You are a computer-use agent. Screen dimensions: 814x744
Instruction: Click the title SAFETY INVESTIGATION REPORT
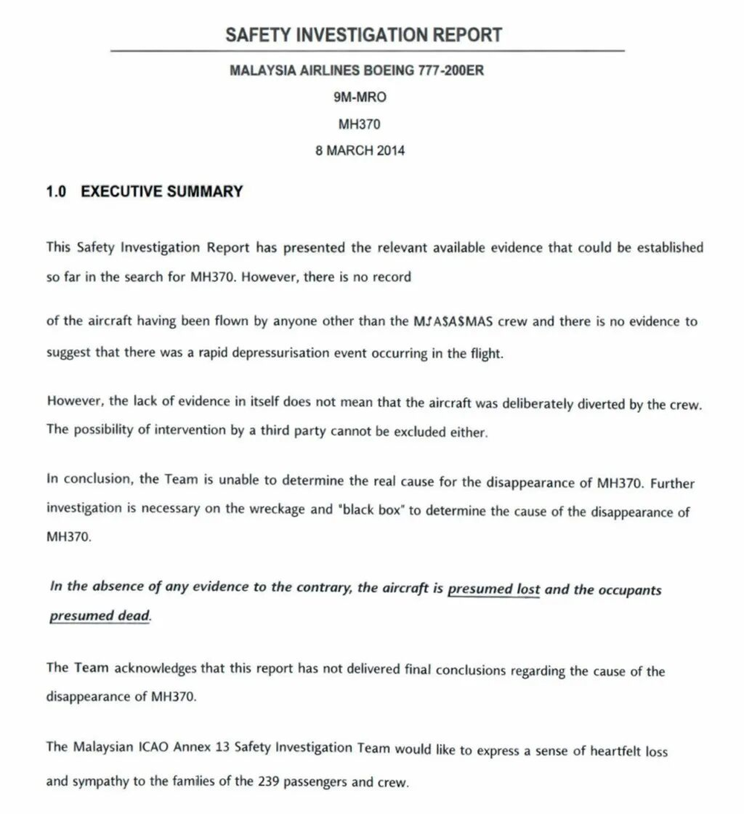click(x=364, y=34)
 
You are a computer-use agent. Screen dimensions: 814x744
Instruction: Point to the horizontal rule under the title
click(x=367, y=51)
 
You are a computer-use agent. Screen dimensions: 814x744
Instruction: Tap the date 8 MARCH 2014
click(x=360, y=150)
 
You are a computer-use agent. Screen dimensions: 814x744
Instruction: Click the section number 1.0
click(x=57, y=191)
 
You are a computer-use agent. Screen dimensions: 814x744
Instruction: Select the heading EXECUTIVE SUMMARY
click(x=161, y=191)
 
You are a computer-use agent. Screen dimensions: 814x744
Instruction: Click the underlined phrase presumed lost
click(x=494, y=589)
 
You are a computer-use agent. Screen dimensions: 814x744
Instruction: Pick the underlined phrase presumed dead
click(x=100, y=616)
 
